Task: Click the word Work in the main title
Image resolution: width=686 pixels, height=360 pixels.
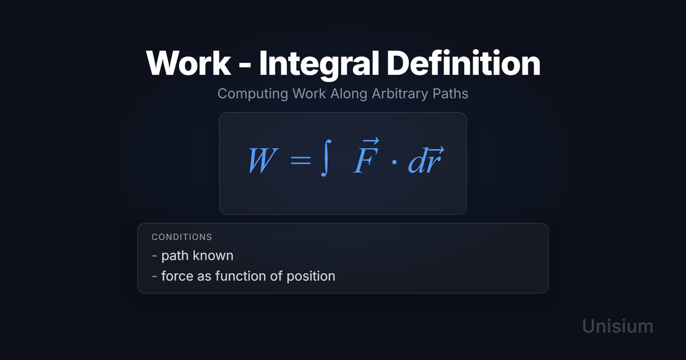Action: click(188, 63)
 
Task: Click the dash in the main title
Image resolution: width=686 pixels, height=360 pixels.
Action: click(245, 65)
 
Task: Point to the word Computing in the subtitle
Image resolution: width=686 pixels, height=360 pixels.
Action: click(253, 94)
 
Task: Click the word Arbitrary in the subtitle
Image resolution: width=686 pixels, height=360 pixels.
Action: click(400, 94)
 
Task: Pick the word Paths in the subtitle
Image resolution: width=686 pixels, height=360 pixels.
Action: click(450, 93)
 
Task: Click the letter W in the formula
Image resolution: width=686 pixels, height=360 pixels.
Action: click(263, 161)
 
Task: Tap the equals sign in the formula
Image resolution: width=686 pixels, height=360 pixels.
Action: click(301, 161)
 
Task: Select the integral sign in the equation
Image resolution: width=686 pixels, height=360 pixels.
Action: click(326, 158)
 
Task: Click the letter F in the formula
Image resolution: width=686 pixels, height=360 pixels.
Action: click(366, 161)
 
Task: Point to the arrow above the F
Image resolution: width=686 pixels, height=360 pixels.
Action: click(370, 141)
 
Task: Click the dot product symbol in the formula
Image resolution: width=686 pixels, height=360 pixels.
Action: click(394, 162)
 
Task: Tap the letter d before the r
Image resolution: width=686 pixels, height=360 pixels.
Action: click(417, 161)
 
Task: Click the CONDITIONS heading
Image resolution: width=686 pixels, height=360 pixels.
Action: click(182, 237)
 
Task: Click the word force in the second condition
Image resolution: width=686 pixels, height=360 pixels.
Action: click(177, 276)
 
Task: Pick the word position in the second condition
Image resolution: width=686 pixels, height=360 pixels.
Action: click(311, 277)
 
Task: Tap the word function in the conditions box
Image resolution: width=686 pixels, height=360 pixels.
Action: click(241, 276)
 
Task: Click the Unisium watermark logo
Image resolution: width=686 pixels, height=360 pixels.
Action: click(617, 326)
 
